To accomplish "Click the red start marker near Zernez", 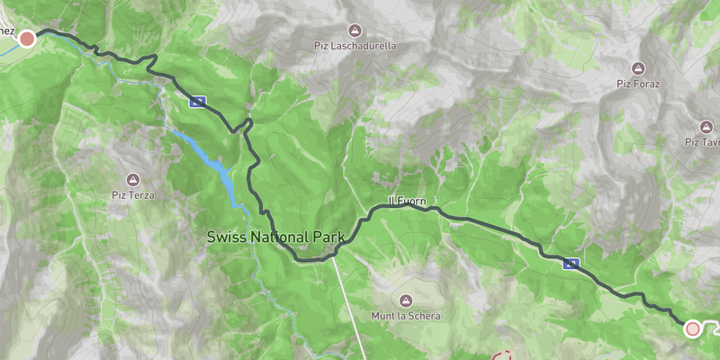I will pyautogui.click(x=27, y=38).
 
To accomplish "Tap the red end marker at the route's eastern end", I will pyautogui.click(x=692, y=328).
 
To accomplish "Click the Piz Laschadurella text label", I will pyautogui.click(x=355, y=46).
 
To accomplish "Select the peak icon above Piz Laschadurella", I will pyautogui.click(x=355, y=30).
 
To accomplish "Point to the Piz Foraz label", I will pyautogui.click(x=638, y=84).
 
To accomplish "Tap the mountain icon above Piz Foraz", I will pyautogui.click(x=638, y=68).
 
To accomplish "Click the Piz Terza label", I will pyautogui.click(x=133, y=194).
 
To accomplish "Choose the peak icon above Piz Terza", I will pyautogui.click(x=133, y=179).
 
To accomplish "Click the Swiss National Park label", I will pyautogui.click(x=276, y=238).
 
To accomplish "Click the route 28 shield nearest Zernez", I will pyautogui.click(x=197, y=102).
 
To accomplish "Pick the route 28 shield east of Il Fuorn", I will pyautogui.click(x=570, y=264).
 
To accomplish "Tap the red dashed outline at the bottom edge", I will pyautogui.click(x=504, y=355).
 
